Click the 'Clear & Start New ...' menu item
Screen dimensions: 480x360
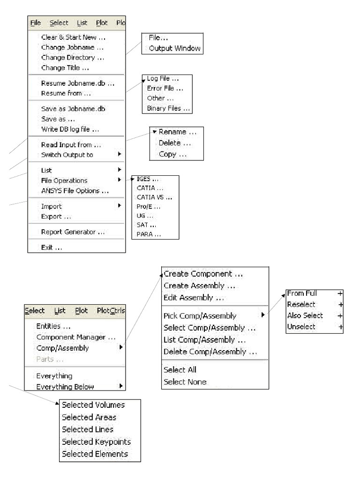point(72,37)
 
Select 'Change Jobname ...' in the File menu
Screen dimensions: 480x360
point(72,47)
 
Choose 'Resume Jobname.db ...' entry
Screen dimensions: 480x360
point(77,83)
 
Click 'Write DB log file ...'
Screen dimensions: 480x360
point(70,129)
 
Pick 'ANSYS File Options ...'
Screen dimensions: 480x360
point(75,190)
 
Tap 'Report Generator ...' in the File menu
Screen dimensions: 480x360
point(73,232)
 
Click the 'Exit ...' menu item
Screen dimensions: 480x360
point(52,247)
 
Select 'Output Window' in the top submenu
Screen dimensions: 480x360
point(174,48)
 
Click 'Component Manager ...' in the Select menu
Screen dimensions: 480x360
point(75,337)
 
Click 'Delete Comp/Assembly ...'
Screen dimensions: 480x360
point(210,352)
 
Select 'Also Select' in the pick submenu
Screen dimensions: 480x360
point(305,315)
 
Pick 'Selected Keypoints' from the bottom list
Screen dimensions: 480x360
point(96,442)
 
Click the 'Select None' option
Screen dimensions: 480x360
point(185,382)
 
